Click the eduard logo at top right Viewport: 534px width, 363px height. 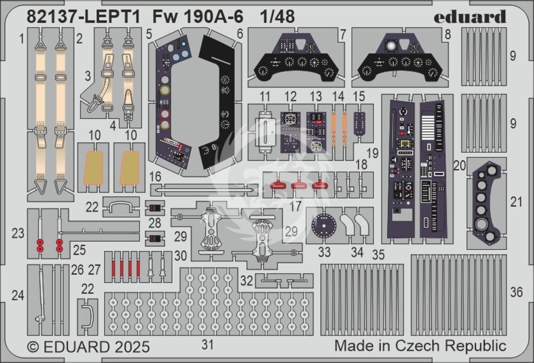click(x=469, y=17)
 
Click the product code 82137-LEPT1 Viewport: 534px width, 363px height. click(x=83, y=17)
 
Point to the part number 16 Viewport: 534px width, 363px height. click(x=155, y=177)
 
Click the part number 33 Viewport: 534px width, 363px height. click(x=324, y=252)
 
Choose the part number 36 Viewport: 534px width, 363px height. click(x=516, y=292)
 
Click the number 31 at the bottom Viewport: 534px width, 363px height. click(x=207, y=344)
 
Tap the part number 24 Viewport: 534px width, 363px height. click(x=18, y=295)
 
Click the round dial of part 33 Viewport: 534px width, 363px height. click(x=324, y=225)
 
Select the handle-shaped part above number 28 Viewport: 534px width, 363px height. click(x=121, y=206)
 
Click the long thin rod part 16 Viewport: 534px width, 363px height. click(x=203, y=190)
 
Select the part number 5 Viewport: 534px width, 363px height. click(x=149, y=34)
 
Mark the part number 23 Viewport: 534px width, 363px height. click(x=18, y=233)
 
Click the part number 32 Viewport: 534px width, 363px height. click(x=247, y=280)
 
